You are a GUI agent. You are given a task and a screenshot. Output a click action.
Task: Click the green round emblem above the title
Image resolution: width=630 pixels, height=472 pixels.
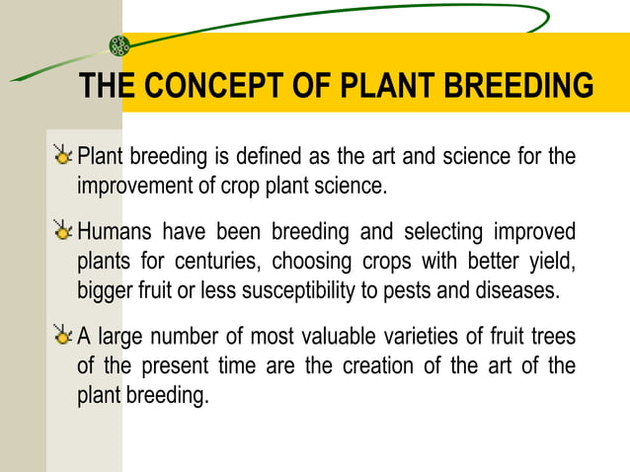tap(119, 45)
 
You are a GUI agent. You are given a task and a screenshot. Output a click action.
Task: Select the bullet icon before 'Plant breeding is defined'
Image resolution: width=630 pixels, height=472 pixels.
tap(64, 156)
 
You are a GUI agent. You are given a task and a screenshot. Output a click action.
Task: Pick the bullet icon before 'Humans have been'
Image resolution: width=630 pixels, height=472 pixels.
tap(64, 233)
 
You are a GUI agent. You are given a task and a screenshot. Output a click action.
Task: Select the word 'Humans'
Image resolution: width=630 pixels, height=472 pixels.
tap(113, 233)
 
